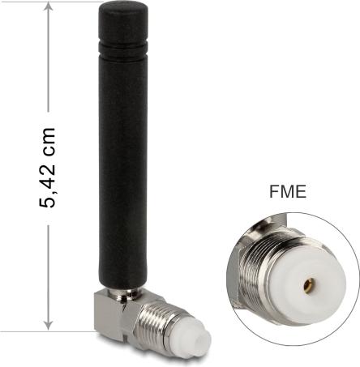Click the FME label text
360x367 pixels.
(x=288, y=191)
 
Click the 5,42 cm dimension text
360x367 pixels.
(x=47, y=168)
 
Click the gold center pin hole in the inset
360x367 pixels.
(x=307, y=284)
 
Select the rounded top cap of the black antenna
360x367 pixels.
(x=123, y=22)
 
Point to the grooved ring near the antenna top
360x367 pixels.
(x=123, y=49)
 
